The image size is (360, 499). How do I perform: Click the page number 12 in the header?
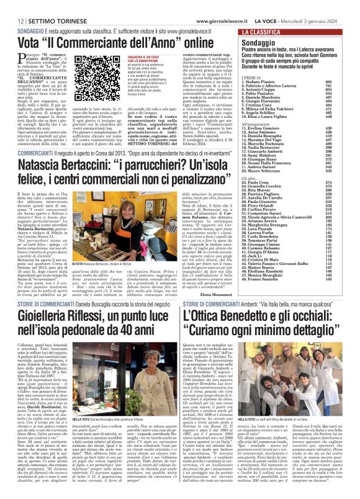12,5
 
